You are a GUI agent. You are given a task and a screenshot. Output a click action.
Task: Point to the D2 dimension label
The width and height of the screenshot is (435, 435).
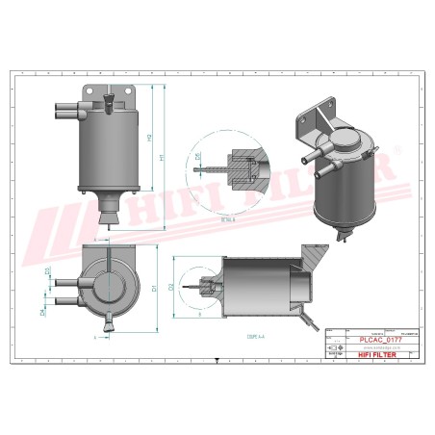(x=170, y=287)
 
